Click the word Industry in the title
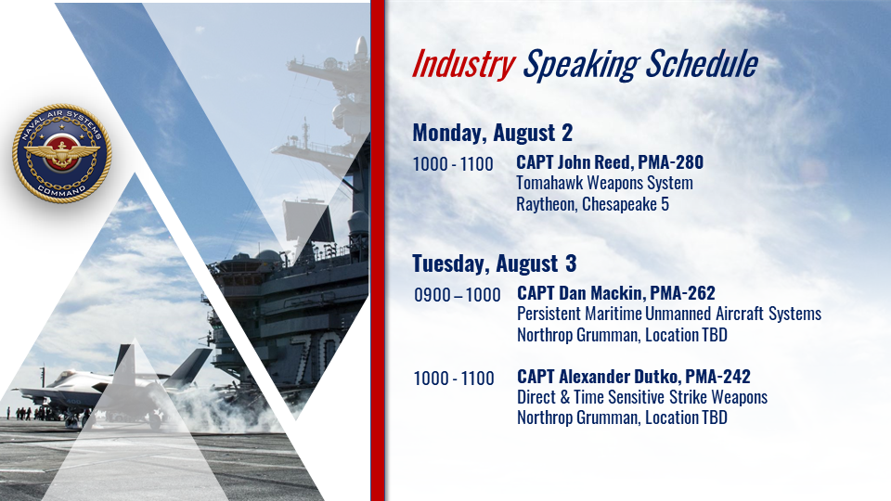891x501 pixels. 464,65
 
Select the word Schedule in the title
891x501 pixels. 702,63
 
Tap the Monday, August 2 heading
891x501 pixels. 492,133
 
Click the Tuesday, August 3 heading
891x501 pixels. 495,263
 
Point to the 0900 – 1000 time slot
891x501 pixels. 458,295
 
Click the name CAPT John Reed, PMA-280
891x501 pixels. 610,162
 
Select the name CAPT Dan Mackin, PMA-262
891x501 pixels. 616,293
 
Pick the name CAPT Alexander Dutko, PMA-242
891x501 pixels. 634,377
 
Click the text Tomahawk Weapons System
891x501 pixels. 604,184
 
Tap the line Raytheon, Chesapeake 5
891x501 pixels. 593,204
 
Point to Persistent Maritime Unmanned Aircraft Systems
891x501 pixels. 669,315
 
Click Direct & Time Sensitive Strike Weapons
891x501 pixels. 642,397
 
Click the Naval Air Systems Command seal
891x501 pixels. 62,153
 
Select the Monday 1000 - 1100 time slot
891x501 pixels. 453,164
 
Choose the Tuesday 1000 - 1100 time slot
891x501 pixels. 454,379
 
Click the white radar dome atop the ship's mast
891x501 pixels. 361,49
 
